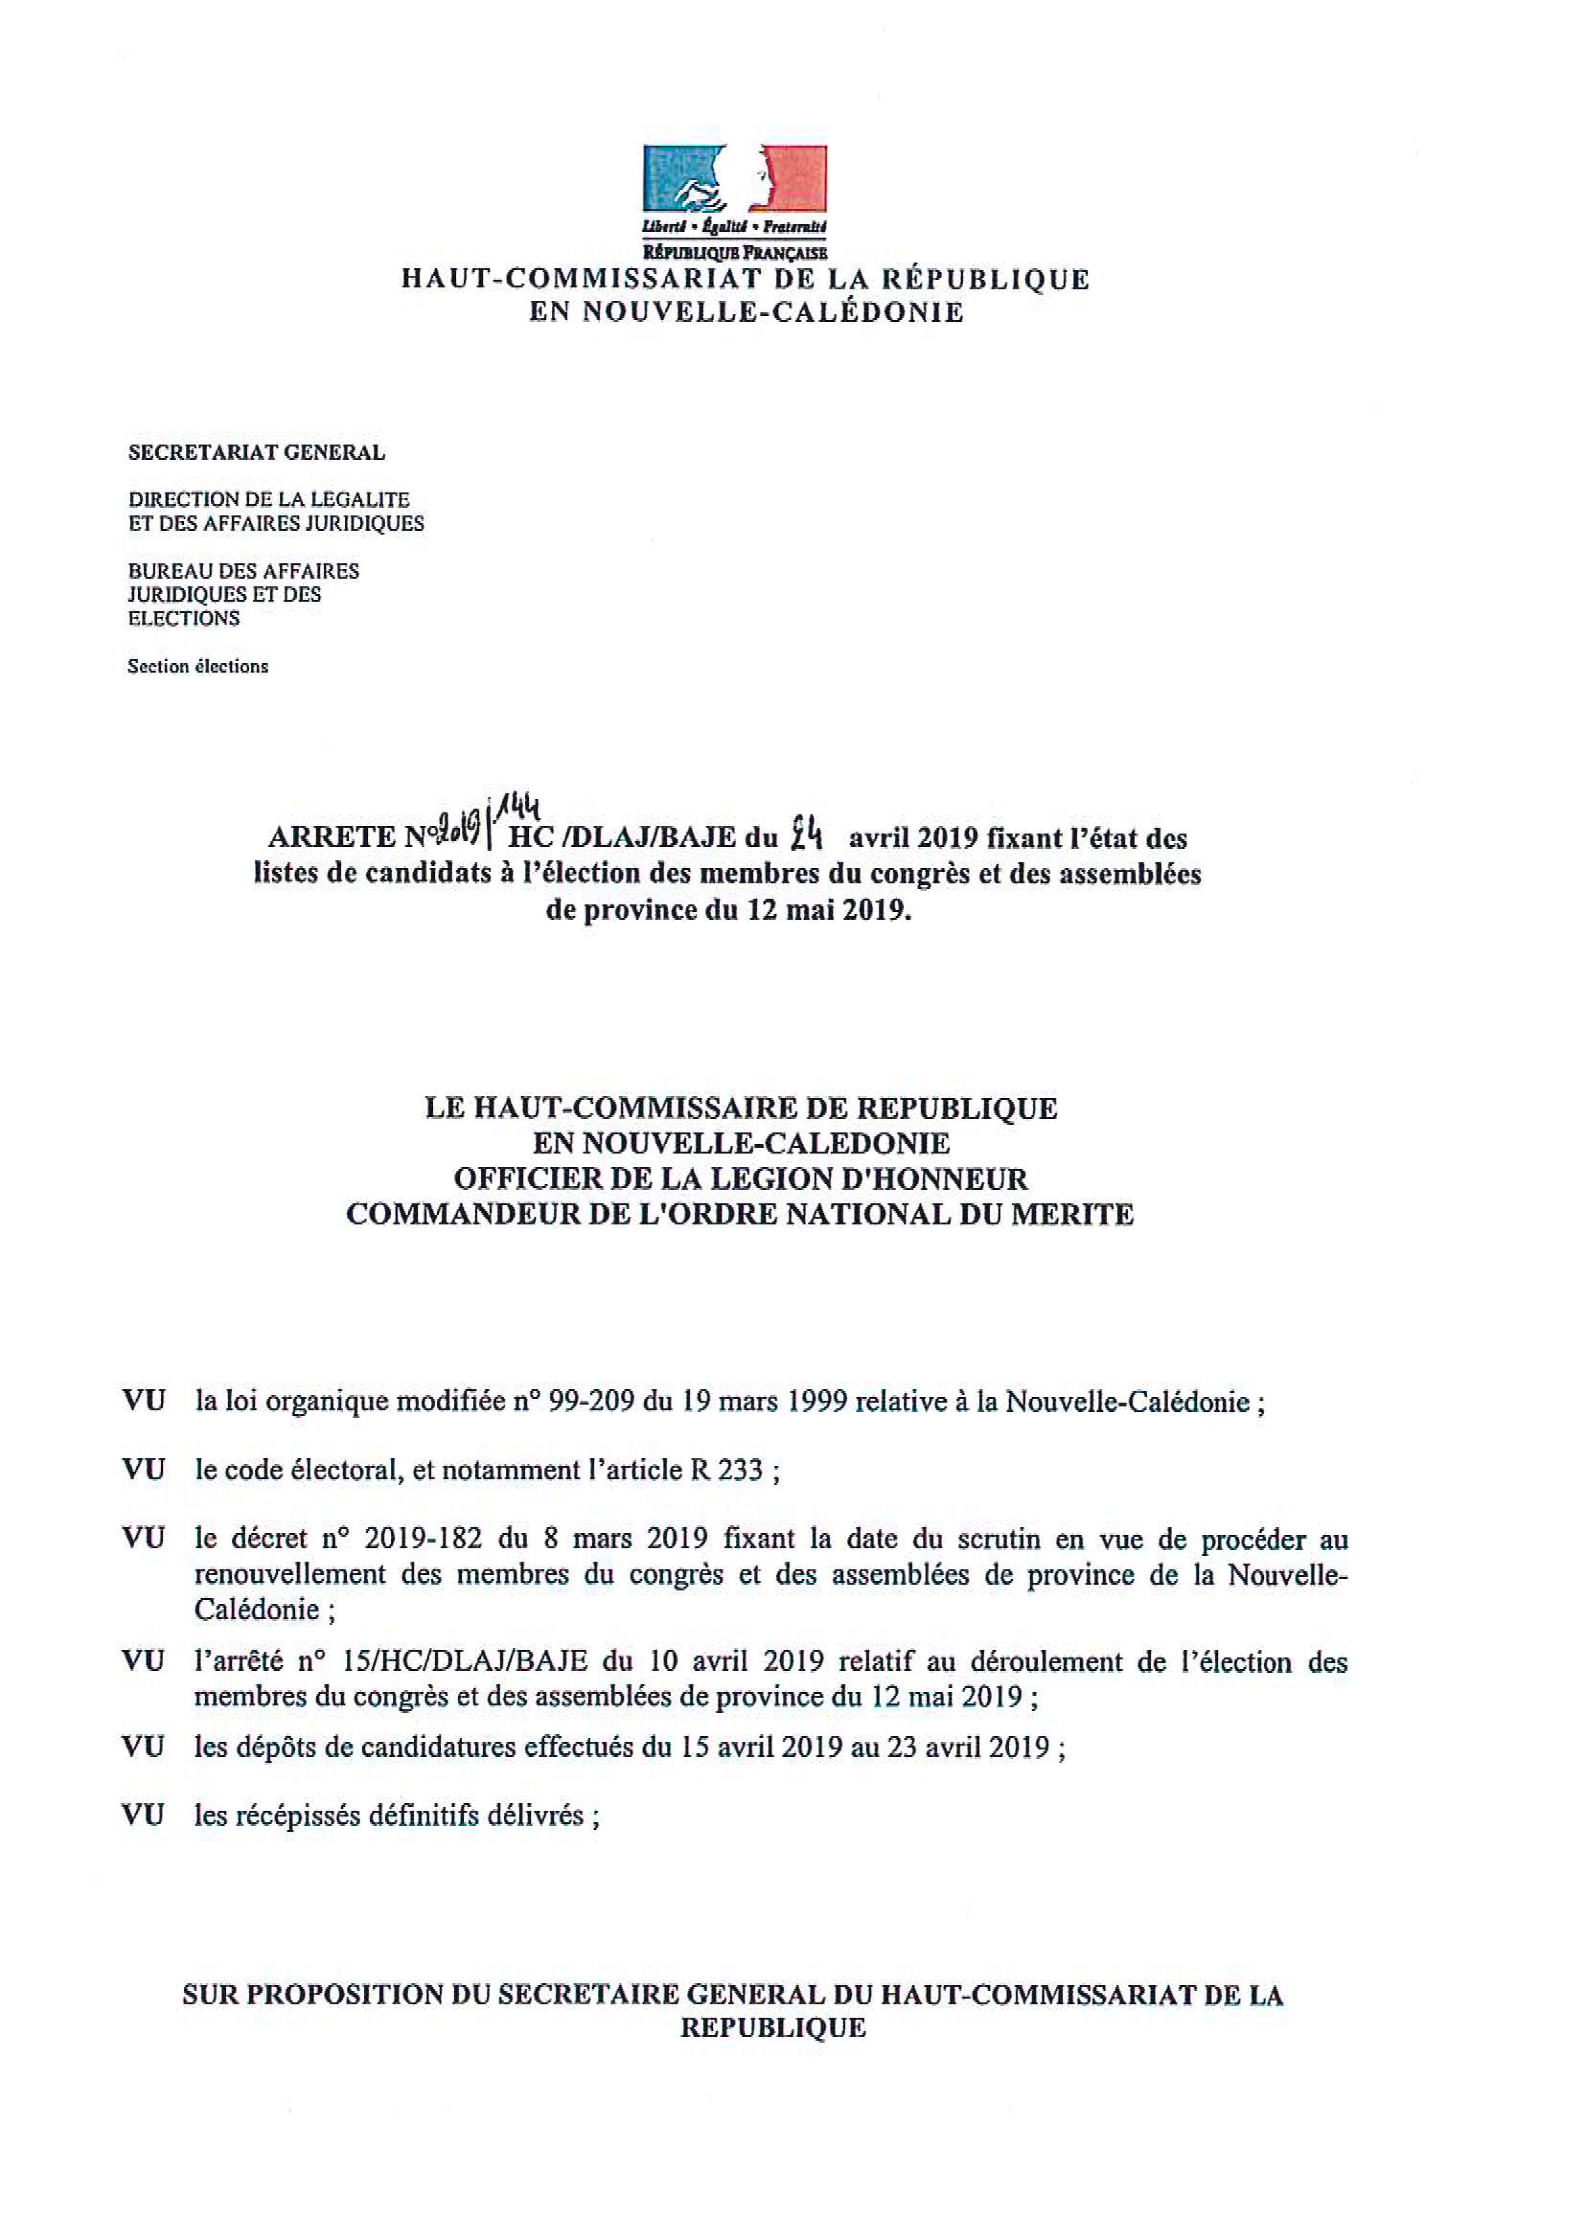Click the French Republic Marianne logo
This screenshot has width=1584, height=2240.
tap(735, 183)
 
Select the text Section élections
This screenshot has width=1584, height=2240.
tap(198, 666)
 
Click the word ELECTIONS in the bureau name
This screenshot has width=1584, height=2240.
tap(185, 618)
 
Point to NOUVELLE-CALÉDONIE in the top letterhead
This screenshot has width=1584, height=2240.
tap(746, 312)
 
